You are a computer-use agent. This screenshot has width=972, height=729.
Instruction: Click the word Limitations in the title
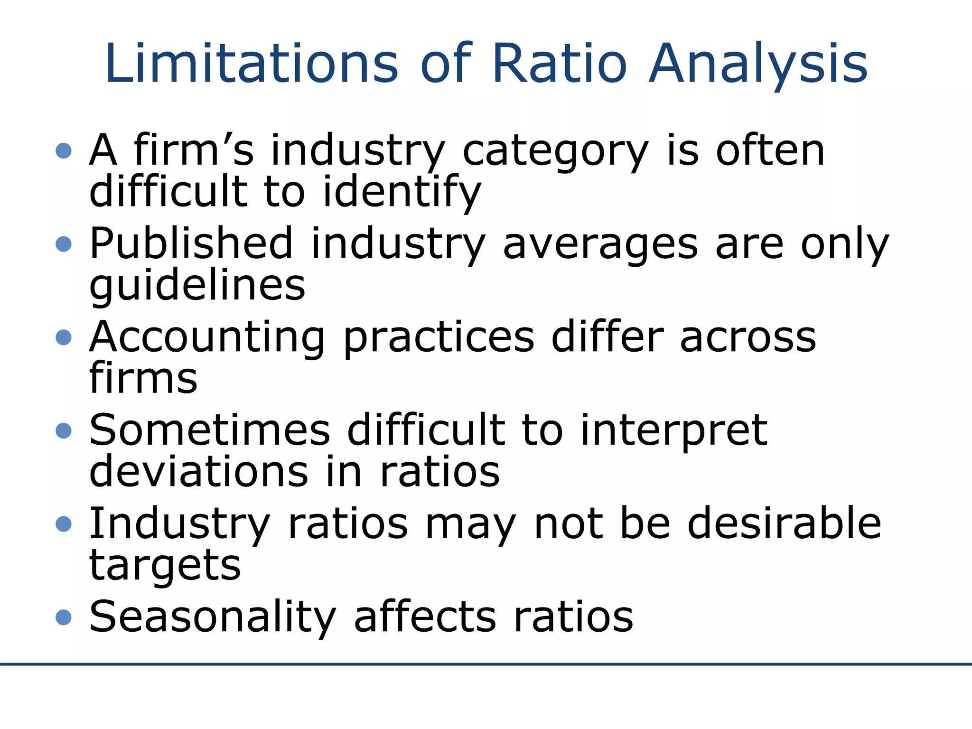[x=252, y=64]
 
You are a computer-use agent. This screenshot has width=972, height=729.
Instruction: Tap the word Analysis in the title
[x=758, y=64]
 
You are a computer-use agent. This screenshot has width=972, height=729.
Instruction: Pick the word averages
[x=600, y=244]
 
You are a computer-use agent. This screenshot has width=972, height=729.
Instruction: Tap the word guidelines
[x=197, y=285]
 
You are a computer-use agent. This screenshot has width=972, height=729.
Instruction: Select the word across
[x=748, y=337]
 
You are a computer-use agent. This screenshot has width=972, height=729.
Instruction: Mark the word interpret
[x=673, y=431]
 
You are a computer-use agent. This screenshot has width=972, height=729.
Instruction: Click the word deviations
[x=199, y=472]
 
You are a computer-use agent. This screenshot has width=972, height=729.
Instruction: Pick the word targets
[x=165, y=566]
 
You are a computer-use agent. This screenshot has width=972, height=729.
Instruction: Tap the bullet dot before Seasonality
[x=64, y=617]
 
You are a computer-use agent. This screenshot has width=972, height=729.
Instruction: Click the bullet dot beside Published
[x=64, y=244]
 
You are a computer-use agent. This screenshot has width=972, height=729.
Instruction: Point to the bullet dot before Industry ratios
[x=64, y=524]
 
